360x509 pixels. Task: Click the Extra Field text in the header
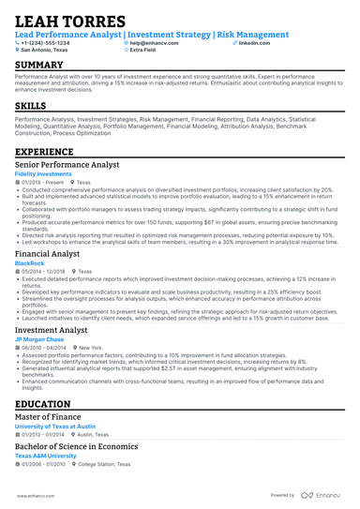[144, 51]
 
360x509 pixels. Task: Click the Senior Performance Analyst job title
[67, 164]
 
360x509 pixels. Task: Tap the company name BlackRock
[29, 263]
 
